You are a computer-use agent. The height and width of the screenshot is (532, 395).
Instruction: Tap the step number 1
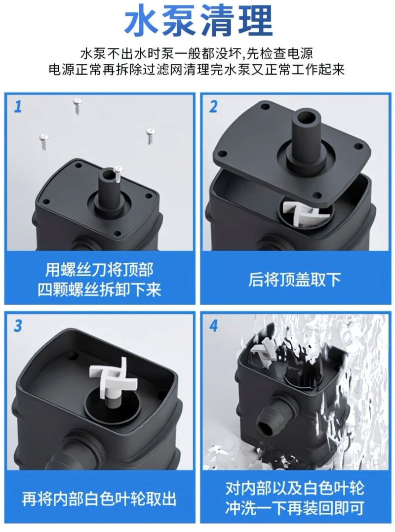coord(18,106)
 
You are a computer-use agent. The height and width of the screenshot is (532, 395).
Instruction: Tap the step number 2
coord(213,107)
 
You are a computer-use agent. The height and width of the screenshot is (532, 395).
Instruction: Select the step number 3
coord(18,326)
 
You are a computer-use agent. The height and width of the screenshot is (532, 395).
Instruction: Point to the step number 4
coord(214,326)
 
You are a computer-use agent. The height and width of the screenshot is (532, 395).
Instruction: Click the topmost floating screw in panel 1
coord(78,106)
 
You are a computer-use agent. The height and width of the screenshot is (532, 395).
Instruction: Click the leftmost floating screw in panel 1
coord(44,141)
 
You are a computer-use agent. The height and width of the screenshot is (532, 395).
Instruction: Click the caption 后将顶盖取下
coord(294,280)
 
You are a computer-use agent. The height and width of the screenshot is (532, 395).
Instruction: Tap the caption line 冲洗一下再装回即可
coord(294,508)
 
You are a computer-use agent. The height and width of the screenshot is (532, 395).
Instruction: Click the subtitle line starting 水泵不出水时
coord(197,53)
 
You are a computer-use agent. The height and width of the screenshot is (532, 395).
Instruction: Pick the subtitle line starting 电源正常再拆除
coord(197,70)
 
